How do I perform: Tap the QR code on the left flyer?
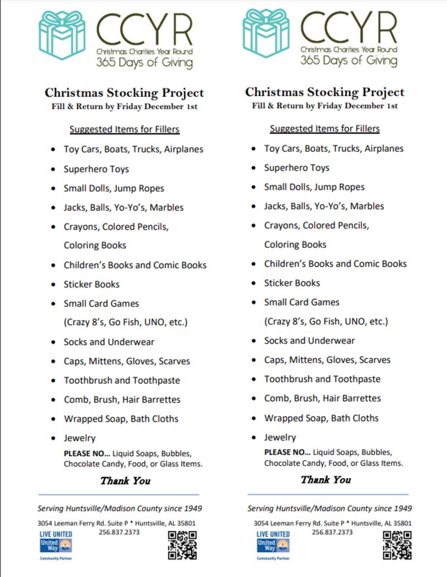point(182,545)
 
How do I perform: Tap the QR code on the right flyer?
point(397,545)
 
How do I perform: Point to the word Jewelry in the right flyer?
point(280,437)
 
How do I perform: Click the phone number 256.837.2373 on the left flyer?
point(119,532)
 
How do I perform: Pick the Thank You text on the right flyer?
point(326,480)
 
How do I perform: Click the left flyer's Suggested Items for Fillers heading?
point(124,130)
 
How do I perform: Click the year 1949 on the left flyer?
point(191,509)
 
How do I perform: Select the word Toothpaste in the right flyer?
point(355,379)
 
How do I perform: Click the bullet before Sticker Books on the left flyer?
point(53,285)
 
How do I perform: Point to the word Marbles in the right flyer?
point(366,206)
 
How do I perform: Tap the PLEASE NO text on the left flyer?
point(83,453)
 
